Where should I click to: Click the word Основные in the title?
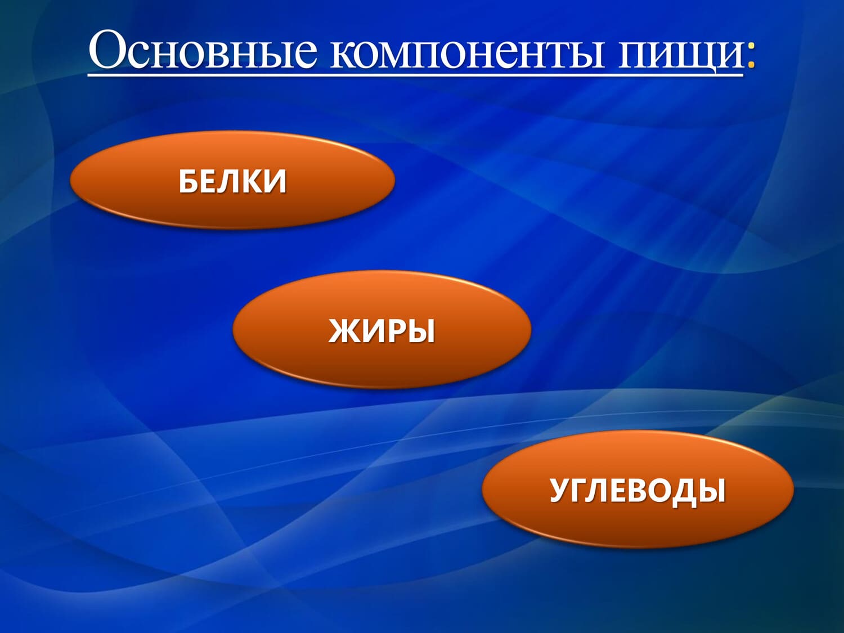coord(204,50)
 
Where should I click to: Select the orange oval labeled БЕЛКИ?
coord(232,180)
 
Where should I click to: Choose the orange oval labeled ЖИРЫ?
coord(382,330)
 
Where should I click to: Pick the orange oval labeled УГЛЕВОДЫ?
coord(638,490)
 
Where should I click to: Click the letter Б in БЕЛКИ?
coord(188,181)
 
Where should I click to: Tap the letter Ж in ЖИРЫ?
coord(343,330)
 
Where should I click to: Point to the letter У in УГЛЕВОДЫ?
coord(560,490)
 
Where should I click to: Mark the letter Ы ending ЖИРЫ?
coord(422,330)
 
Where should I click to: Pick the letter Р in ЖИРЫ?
coord(396,330)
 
